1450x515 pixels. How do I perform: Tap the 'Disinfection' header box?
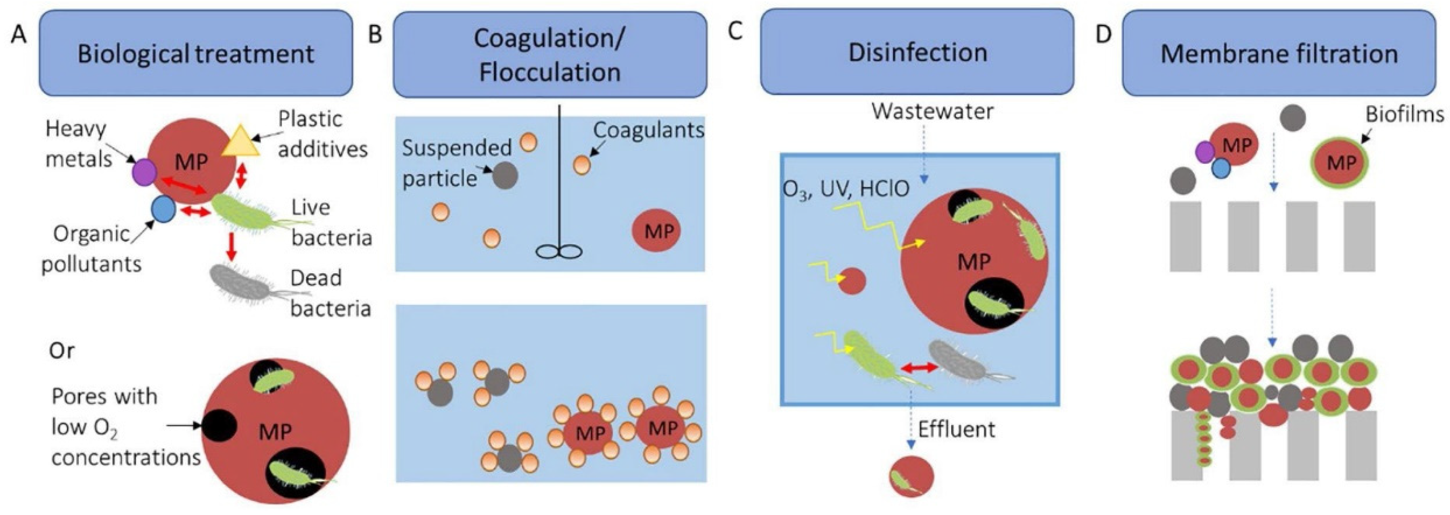click(917, 52)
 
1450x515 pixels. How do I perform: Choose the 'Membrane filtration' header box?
click(1279, 54)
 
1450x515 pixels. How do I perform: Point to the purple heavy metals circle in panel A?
click(145, 172)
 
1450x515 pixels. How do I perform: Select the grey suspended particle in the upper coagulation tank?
click(505, 175)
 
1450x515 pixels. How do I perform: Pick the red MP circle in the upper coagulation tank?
click(656, 231)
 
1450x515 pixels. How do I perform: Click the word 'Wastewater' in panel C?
click(932, 111)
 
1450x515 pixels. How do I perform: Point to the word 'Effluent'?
click(956, 429)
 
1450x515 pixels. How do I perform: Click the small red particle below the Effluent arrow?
click(911, 477)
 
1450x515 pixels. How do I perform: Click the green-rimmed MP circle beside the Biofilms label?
click(1341, 163)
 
